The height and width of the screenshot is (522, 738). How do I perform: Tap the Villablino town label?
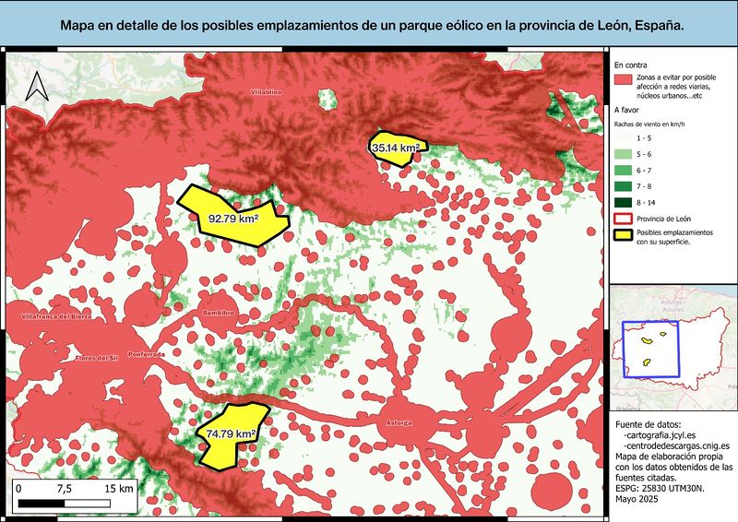[x=266, y=92]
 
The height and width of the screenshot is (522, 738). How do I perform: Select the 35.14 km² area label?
[x=396, y=147]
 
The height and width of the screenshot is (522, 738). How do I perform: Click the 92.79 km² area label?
[x=232, y=219]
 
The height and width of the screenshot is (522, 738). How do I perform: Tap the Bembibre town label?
[x=218, y=314]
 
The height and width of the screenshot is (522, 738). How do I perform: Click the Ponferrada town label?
[x=147, y=354]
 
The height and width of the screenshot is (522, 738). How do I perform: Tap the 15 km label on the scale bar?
[x=120, y=488]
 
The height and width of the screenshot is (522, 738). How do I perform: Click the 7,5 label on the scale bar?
[x=65, y=488]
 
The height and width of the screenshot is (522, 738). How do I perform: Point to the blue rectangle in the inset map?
[x=651, y=350]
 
